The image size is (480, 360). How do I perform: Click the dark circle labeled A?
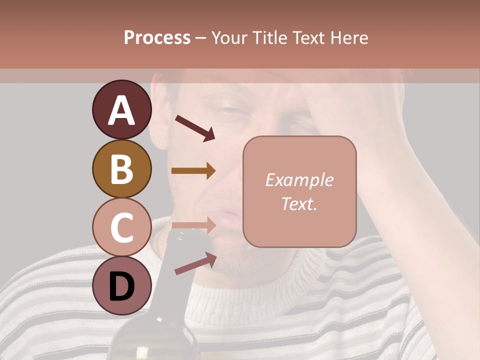pos(121,110)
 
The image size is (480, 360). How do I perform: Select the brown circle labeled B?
pos(121,168)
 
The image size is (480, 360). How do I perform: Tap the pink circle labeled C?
pos(121,227)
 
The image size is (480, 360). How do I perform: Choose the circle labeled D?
pos(121,285)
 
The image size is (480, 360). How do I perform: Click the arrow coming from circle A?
pos(194,128)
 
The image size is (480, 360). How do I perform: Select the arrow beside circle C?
pos(193,225)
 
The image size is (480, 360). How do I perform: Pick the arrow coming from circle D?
pos(195,263)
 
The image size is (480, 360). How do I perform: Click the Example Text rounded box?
pos(299,191)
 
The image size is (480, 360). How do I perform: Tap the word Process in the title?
pos(157,37)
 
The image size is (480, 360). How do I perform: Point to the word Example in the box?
pos(299,180)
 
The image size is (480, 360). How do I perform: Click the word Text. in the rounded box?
pos(299,204)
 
